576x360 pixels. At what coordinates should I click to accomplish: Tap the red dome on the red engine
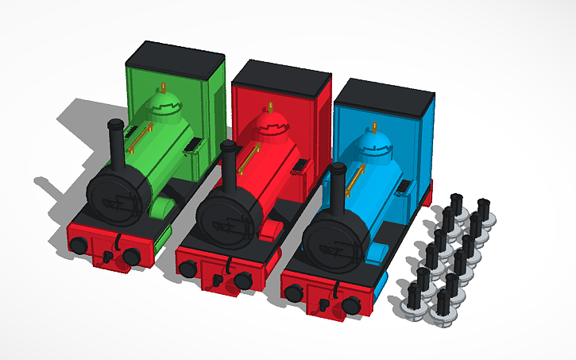[x=273, y=126]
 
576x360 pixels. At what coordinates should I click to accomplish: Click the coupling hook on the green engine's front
[x=108, y=257]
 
